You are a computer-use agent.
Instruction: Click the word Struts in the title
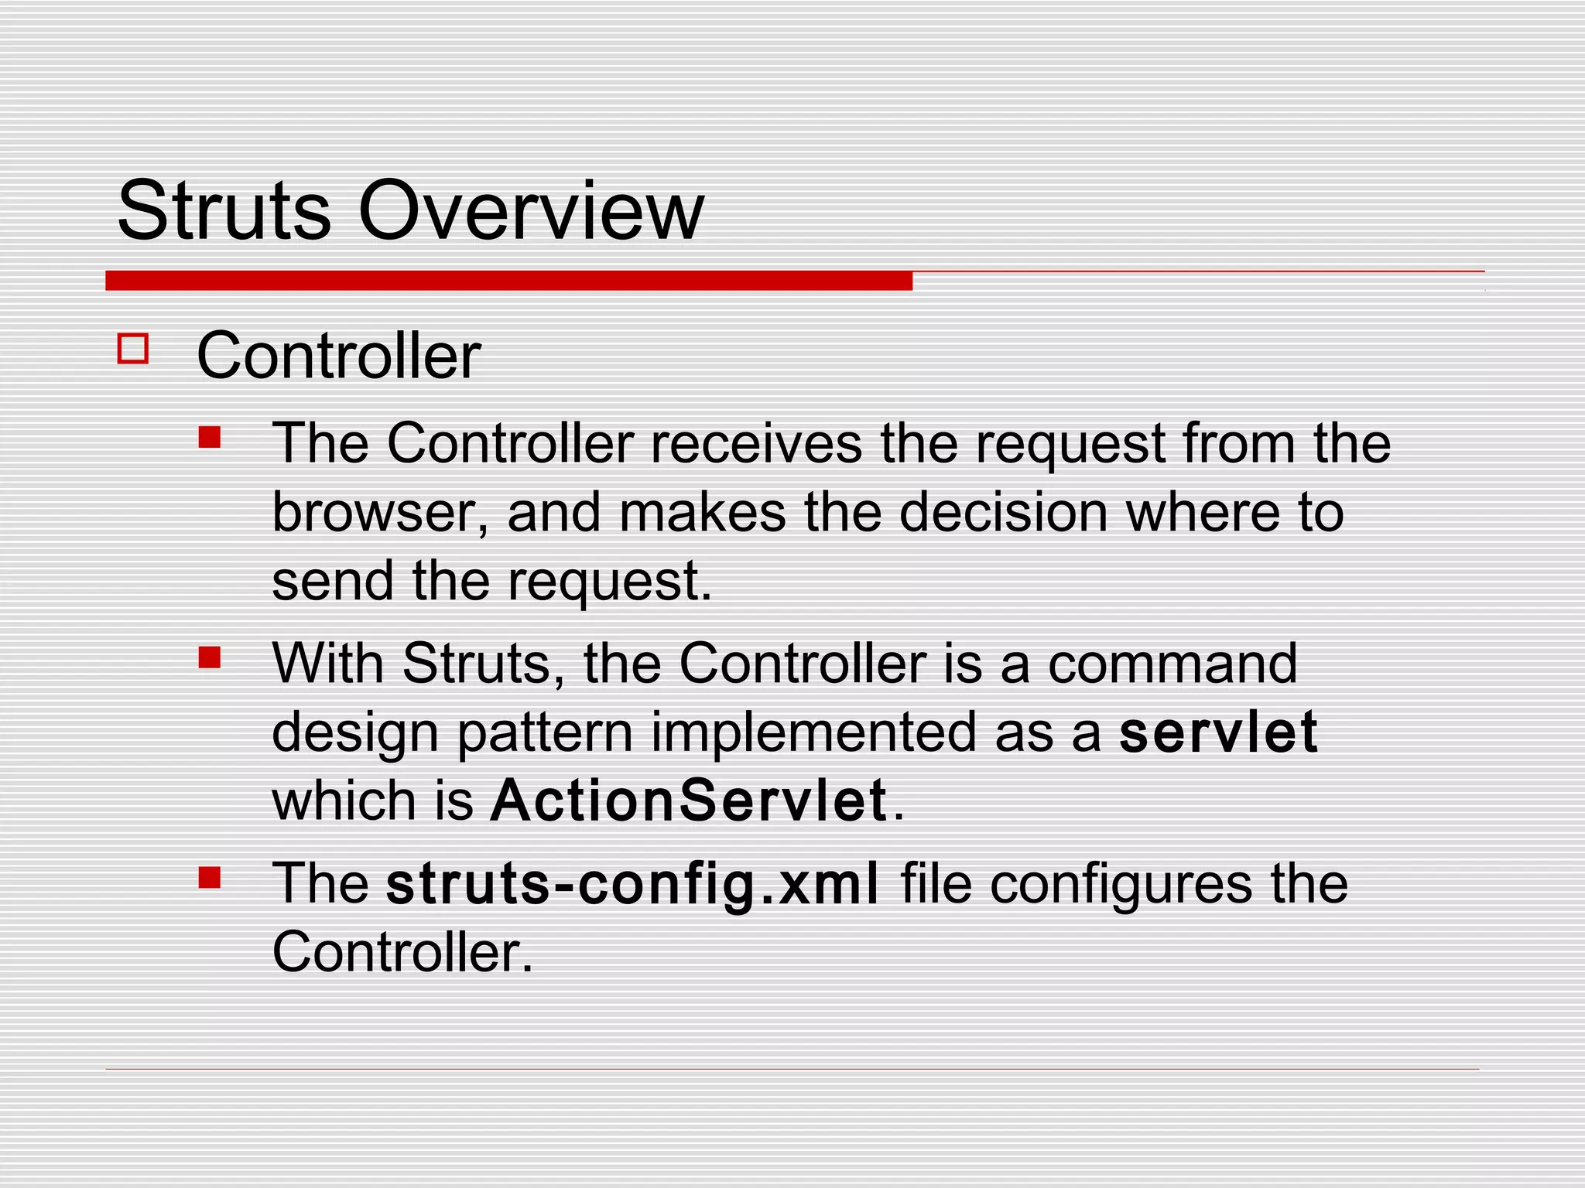[224, 210]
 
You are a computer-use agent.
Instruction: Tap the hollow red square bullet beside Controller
[133, 348]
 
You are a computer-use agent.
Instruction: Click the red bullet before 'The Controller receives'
[209, 438]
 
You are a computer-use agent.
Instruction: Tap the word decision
[1003, 513]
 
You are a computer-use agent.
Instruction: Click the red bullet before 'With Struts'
[209, 657]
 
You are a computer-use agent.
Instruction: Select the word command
[1172, 664]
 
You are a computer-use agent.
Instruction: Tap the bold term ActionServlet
[689, 801]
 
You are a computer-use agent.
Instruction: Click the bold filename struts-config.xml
[632, 883]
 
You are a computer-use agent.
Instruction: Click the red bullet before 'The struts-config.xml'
[209, 877]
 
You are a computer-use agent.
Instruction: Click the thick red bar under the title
[508, 281]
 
